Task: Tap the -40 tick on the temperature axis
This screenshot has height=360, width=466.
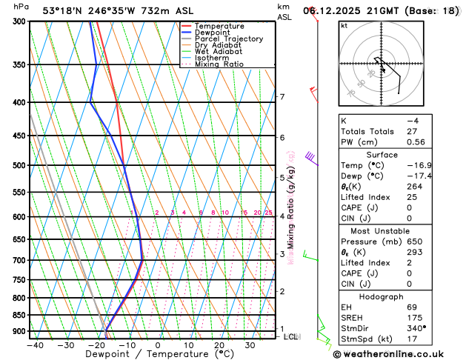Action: [34, 345]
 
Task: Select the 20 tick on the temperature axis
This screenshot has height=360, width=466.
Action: [219, 345]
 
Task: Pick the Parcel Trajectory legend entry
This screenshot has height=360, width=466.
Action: [229, 39]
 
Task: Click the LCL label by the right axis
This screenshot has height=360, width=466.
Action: [290, 336]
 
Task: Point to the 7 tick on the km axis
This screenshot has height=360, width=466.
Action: [282, 97]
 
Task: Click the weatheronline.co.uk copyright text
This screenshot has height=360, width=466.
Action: [398, 353]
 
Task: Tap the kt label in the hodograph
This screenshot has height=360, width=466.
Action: [344, 25]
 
